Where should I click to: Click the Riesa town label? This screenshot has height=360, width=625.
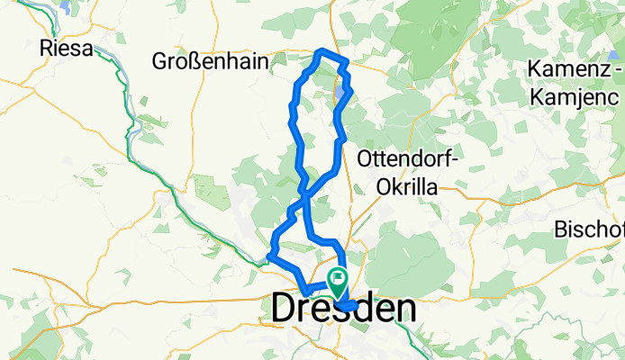tap(68, 49)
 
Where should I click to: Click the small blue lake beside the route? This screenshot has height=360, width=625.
tap(340, 92)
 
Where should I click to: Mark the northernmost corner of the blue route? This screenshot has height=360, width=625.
tap(322, 50)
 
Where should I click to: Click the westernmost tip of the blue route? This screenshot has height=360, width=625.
tap(269, 260)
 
